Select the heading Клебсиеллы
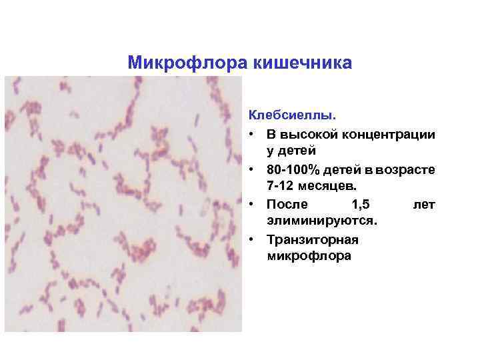[x=280, y=117]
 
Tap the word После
[x=287, y=204]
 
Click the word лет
[x=424, y=204]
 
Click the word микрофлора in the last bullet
[x=308, y=256]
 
